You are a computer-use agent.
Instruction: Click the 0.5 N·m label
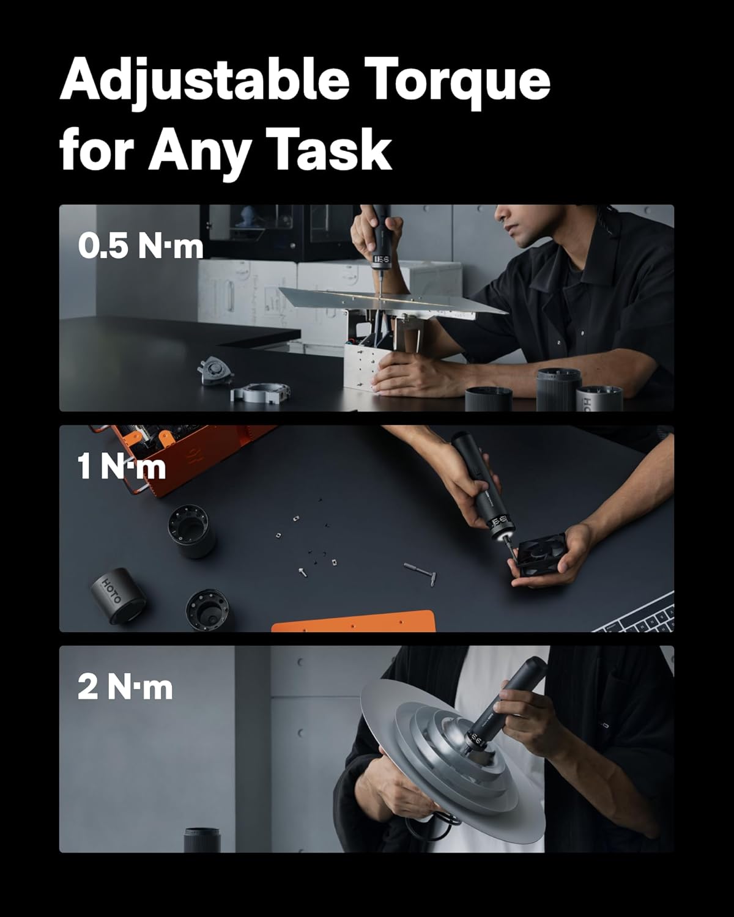[140, 246]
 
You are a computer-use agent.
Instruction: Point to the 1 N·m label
[122, 467]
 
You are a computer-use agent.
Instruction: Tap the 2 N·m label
[125, 688]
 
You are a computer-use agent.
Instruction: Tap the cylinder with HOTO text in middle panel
[116, 596]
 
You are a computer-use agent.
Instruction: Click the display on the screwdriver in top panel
[382, 260]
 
